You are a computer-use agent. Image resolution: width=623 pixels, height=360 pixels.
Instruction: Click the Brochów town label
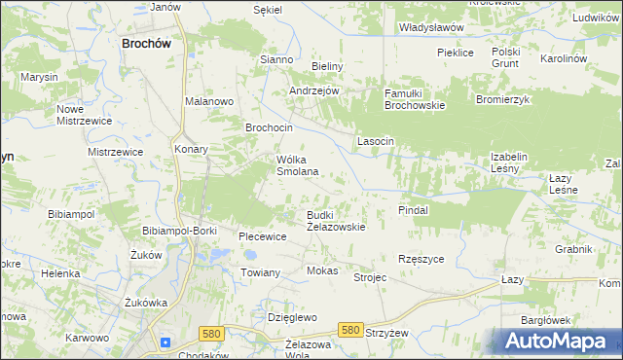147,43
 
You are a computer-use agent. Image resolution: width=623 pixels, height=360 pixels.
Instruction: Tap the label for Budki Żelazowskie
336,221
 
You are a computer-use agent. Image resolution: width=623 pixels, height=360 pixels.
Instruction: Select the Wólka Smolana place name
299,165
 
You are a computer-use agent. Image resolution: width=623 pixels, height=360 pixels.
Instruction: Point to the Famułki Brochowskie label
414,99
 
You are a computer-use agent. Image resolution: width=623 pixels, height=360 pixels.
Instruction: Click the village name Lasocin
375,141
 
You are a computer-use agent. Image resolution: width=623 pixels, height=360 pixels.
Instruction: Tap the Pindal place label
414,209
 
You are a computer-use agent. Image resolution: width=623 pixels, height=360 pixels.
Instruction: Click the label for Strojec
370,277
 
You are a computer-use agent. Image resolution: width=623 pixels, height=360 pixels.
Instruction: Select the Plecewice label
263,236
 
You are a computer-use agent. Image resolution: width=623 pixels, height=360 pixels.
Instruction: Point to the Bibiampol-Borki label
179,230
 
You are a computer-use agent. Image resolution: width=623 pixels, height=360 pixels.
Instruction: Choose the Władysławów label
431,28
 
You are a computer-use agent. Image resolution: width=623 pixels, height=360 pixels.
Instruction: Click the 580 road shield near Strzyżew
352,331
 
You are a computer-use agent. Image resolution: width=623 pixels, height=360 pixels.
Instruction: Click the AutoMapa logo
556,341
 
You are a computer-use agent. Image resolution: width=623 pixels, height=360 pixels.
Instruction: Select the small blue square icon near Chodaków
165,342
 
